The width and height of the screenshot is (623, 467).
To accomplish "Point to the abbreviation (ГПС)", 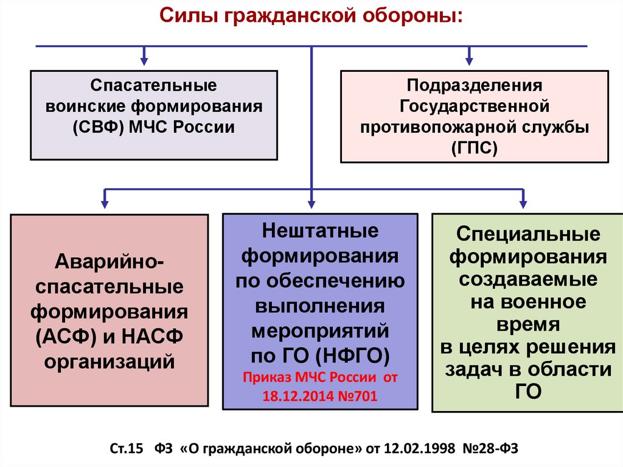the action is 475,147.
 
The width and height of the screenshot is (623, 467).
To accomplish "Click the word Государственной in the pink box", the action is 475,106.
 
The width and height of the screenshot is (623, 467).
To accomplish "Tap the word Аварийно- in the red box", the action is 109,262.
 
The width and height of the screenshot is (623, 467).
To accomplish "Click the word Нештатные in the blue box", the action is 320,231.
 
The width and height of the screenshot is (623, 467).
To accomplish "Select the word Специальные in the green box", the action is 527,234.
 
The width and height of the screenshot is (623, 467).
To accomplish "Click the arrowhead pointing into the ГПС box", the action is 468,61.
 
